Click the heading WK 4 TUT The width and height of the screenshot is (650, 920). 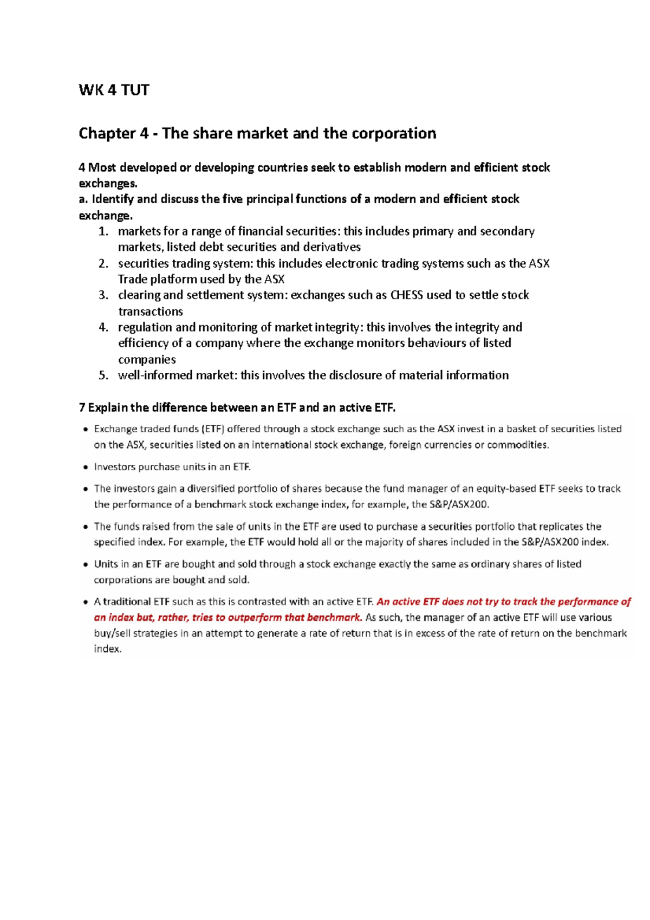pos(114,90)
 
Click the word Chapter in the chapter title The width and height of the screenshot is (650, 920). pos(107,133)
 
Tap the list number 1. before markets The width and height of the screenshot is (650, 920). pos(104,232)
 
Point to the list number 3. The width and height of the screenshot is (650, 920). pos(104,295)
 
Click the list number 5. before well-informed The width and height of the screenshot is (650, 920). pos(104,375)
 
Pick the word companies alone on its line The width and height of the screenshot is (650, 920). pos(147,360)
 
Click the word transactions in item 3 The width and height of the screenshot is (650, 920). pos(151,312)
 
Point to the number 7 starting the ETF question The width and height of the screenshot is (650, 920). pos(82,407)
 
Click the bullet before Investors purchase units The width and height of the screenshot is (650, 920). pos(85,467)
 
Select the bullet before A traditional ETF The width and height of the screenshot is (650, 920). pos(85,602)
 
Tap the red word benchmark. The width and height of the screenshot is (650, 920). pos(334,618)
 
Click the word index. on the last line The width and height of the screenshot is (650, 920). pos(108,649)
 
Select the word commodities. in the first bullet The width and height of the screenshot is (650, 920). pos(518,445)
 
